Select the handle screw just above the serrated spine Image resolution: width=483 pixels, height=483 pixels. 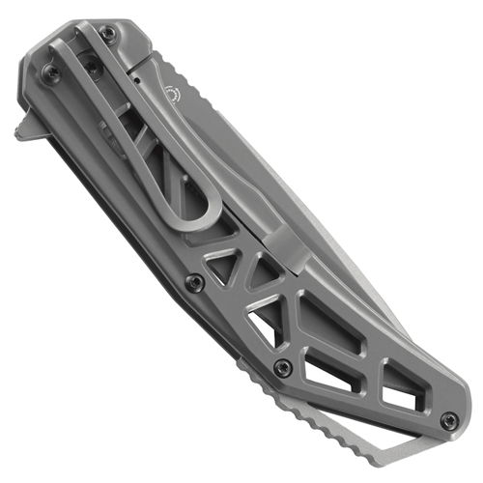pyautogui.click(x=280, y=368)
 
